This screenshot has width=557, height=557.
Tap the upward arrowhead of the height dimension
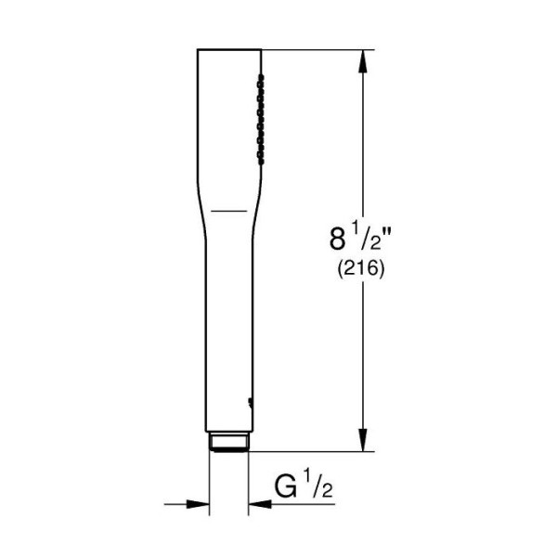click(362, 61)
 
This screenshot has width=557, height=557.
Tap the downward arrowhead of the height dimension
click(362, 440)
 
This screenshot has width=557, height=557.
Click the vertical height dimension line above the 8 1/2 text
click(362, 139)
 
